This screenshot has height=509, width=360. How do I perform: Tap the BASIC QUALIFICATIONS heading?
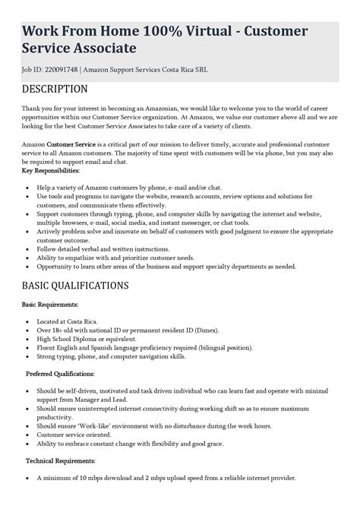click(75, 286)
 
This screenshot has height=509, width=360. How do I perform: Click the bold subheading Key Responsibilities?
click(51, 171)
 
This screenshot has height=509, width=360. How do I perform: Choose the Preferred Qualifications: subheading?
click(60, 374)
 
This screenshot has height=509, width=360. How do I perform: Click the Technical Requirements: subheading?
click(61, 460)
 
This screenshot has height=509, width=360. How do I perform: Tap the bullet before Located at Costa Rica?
click(28, 321)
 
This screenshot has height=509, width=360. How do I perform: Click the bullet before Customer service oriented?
click(28, 435)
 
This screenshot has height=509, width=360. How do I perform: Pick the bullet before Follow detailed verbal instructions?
click(28, 249)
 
